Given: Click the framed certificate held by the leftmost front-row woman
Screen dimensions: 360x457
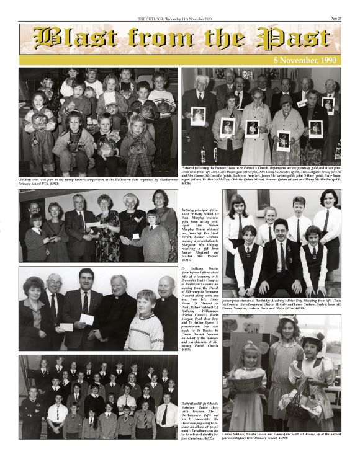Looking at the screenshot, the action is [198, 116].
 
